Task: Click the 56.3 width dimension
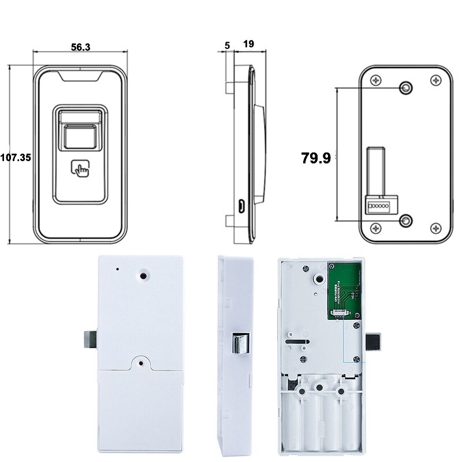coord(80,48)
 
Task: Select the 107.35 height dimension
coord(16,157)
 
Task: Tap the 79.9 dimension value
coord(316,158)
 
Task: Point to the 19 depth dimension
coord(249,44)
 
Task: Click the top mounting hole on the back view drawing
coord(406,88)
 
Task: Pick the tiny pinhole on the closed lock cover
coord(117,269)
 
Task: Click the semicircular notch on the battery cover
coord(140,363)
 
